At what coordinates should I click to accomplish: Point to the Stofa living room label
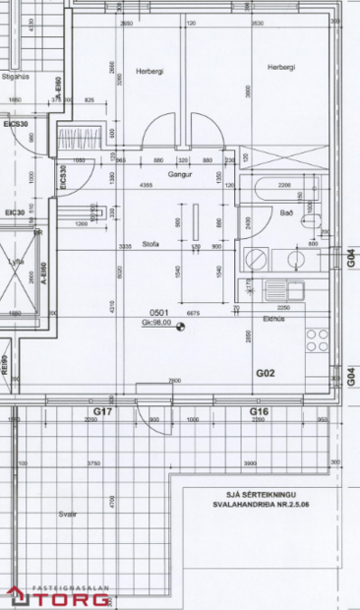click(x=150, y=243)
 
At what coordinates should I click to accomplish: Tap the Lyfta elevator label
click(x=15, y=261)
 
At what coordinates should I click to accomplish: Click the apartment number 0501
click(x=159, y=310)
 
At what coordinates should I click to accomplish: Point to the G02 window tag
click(x=265, y=374)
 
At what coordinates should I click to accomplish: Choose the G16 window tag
click(x=259, y=409)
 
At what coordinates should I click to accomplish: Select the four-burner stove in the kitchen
click(x=317, y=339)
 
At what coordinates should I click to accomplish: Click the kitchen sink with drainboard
click(x=286, y=290)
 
